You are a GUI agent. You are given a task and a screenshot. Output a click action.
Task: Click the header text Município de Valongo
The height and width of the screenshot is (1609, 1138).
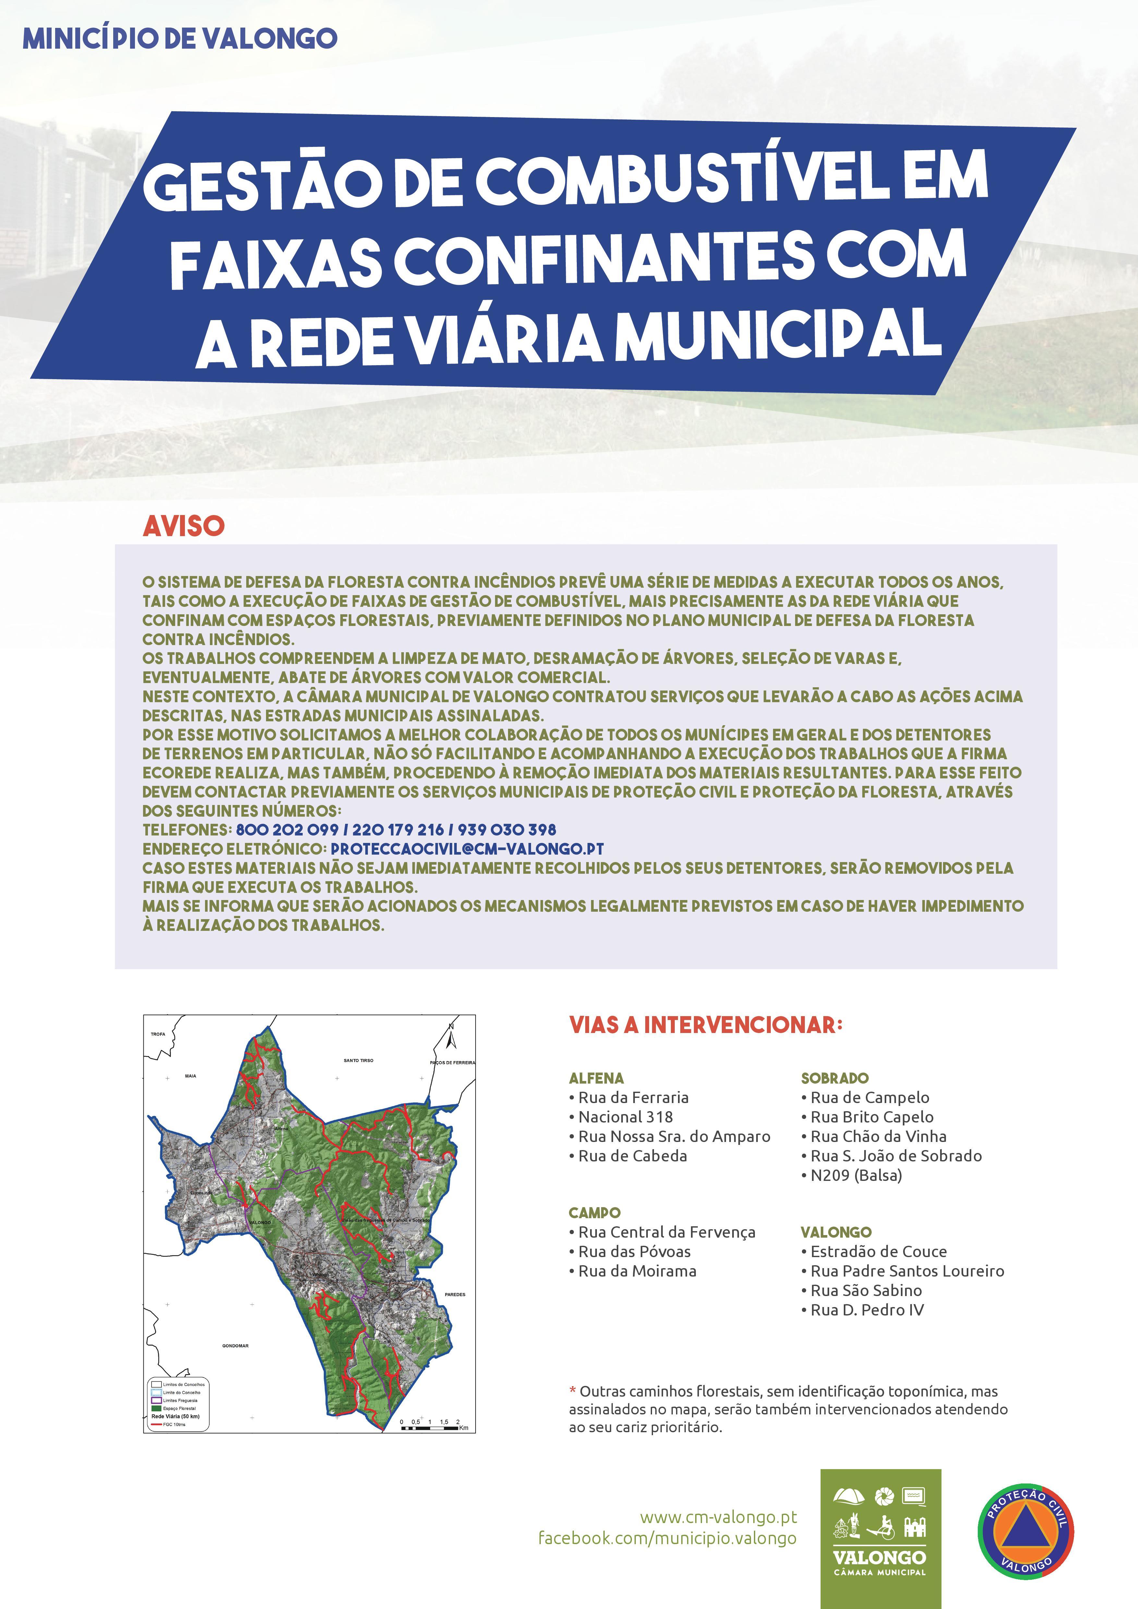pos(180,39)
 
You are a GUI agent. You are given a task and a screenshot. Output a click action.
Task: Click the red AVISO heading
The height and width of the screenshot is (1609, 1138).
pos(184,526)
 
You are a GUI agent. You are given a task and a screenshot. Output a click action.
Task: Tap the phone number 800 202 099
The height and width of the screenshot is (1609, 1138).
pos(287,830)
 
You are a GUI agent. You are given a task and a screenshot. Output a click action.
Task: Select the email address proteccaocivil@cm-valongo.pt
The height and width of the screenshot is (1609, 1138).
pos(467,849)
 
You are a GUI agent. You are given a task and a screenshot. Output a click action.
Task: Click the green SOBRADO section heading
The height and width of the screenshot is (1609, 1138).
pos(835,1078)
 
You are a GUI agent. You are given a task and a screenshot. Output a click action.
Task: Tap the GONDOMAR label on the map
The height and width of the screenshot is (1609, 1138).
pos(236,1346)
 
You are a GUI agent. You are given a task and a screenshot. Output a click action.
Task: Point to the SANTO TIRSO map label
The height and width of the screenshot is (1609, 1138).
pos(358,1060)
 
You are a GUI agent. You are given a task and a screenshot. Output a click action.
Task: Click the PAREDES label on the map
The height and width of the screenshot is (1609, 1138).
pos(455,1294)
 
